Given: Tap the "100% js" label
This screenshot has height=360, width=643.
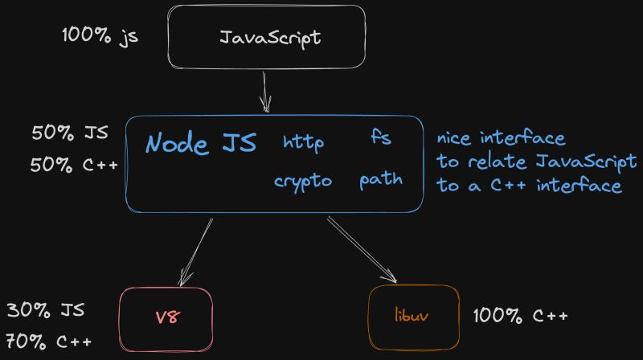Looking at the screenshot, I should pyautogui.click(x=100, y=37).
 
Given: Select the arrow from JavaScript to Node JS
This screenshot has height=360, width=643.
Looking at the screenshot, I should pyautogui.click(x=264, y=90).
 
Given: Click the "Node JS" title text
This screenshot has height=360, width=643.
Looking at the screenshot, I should pyautogui.click(x=201, y=144).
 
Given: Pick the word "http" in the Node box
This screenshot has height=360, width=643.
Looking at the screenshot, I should pyautogui.click(x=304, y=143).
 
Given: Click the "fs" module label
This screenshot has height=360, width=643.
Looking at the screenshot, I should pyautogui.click(x=380, y=138).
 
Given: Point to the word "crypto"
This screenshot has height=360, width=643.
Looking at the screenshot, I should pyautogui.click(x=303, y=182).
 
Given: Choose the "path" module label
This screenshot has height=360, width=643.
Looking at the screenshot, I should pyautogui.click(x=381, y=179).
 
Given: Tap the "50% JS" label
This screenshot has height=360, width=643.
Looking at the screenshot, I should pyautogui.click(x=70, y=133).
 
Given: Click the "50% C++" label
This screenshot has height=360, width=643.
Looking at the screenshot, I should pyautogui.click(x=75, y=166).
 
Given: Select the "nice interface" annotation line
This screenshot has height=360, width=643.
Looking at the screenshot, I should pyautogui.click(x=501, y=139).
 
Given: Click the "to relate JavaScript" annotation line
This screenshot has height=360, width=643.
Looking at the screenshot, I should pyautogui.click(x=536, y=162).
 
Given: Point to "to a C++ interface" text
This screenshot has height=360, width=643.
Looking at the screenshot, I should pyautogui.click(x=530, y=186).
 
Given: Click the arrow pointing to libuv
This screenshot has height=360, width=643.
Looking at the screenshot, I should pyautogui.click(x=362, y=248).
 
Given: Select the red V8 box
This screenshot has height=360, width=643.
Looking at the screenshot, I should pyautogui.click(x=166, y=316).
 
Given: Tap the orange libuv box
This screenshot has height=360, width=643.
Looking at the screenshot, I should pyautogui.click(x=412, y=314).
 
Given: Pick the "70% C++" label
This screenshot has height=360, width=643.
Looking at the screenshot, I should pyautogui.click(x=49, y=342).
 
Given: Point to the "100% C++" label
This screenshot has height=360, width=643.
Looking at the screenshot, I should pyautogui.click(x=520, y=315).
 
